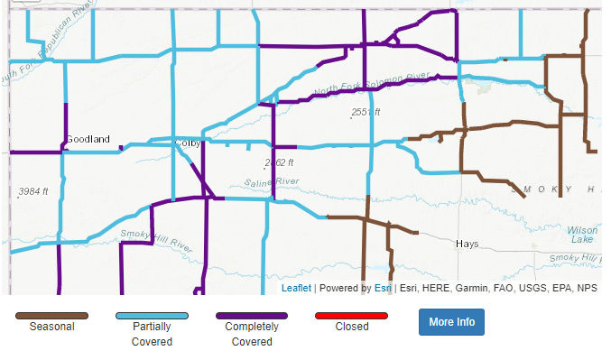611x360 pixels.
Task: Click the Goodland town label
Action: click(x=88, y=139)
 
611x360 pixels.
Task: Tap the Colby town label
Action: click(x=189, y=143)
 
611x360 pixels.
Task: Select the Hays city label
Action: click(x=467, y=244)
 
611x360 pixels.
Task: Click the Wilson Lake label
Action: click(x=582, y=235)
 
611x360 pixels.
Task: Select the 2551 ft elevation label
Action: click(x=366, y=112)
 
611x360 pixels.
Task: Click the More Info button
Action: click(x=451, y=322)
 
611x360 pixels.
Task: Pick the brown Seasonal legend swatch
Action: click(x=51, y=316)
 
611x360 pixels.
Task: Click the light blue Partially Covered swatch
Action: click(x=152, y=316)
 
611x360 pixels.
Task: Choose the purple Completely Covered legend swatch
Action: click(x=252, y=316)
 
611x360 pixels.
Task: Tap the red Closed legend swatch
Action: click(x=351, y=316)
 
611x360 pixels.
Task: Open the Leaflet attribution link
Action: click(x=296, y=288)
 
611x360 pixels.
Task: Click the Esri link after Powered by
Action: click(x=383, y=288)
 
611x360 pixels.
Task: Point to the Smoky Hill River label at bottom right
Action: click(x=578, y=258)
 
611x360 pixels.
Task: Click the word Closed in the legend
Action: click(x=351, y=327)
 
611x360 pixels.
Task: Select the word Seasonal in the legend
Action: click(x=51, y=327)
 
